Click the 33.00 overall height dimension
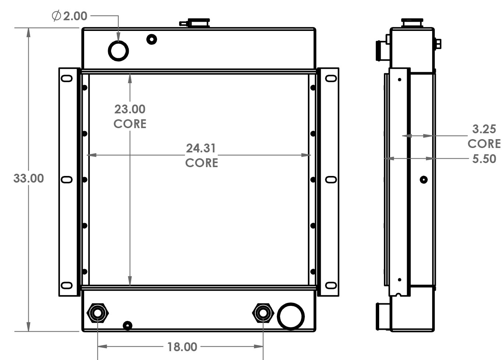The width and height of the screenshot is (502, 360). pos(28,179)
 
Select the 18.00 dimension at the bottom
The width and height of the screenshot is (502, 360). pos(182,347)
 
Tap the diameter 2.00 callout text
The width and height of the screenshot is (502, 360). pos(70,16)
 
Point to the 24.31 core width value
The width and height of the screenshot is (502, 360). pos(201,148)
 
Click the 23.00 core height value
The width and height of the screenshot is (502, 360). pos(130,109)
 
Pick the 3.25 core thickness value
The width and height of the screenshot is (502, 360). pos(484,129)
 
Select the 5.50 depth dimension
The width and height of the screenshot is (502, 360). pos(484,159)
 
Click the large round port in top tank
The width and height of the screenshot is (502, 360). pos(118,51)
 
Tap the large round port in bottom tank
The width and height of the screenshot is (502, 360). pos(291,316)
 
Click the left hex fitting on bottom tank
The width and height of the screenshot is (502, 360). pos(97,313)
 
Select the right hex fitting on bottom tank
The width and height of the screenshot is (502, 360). pos(263,313)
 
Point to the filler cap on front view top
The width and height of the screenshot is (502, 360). pos(198,23)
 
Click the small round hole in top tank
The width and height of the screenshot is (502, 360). pos(152,39)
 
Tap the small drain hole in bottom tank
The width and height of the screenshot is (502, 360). pos(127,325)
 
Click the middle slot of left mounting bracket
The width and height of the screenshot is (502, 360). pos(67,180)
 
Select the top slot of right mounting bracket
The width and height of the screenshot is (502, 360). pos(331,78)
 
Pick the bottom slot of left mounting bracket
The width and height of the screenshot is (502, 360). pos(67,285)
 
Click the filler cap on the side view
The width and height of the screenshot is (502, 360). pos(412,23)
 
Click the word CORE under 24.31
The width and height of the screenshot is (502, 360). pos(202,163)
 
